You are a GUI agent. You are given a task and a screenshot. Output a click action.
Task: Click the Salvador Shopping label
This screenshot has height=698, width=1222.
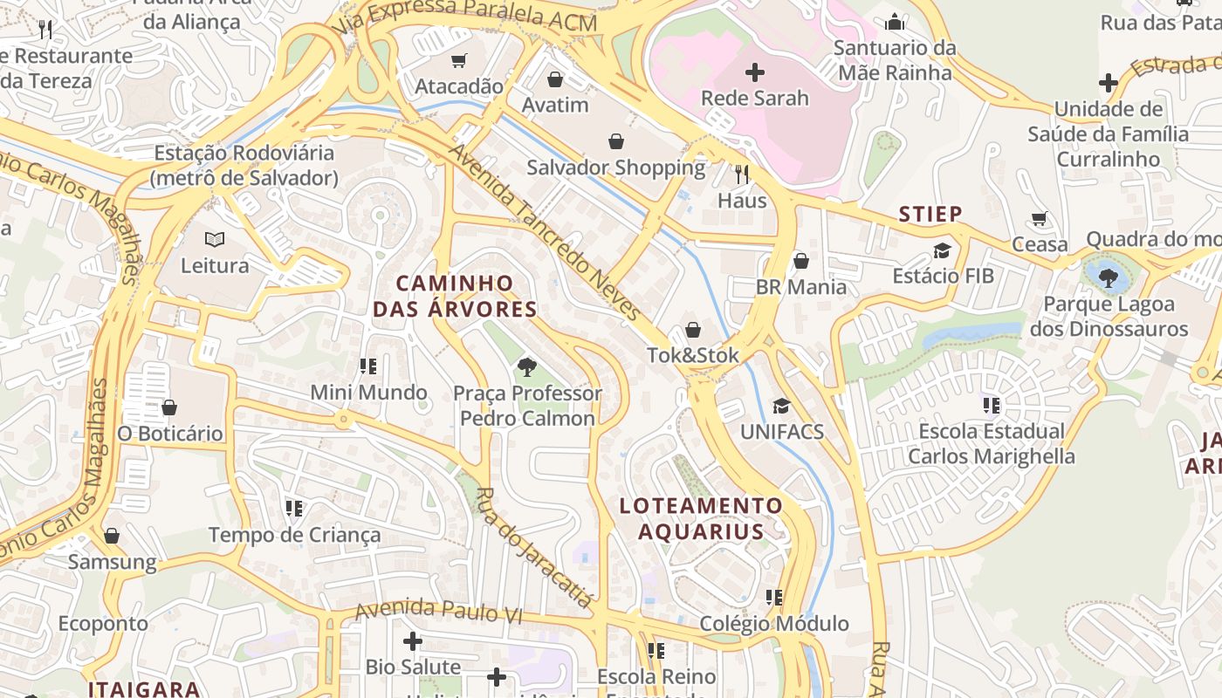click(616, 168)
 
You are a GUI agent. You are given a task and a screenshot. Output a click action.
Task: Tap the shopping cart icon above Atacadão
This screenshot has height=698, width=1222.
click(459, 60)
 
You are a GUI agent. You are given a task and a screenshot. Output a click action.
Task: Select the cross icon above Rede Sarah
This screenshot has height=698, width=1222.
click(755, 72)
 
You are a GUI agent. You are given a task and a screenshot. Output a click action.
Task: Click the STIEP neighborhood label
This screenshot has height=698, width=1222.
click(930, 214)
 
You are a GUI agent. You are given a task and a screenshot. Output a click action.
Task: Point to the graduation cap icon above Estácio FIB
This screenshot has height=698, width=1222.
click(942, 251)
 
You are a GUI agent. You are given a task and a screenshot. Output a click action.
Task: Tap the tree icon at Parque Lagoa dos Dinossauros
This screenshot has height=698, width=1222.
click(1109, 278)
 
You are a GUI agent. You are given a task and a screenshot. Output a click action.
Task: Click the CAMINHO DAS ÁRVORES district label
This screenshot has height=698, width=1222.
click(455, 296)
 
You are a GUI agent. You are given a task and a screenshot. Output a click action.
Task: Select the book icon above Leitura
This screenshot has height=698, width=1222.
click(215, 239)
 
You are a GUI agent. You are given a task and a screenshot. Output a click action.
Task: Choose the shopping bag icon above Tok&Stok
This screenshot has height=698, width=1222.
click(693, 330)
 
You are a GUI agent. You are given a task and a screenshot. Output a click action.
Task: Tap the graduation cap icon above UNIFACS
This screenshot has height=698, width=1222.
click(781, 406)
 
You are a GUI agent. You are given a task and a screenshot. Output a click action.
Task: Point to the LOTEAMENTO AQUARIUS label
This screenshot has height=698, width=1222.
click(702, 518)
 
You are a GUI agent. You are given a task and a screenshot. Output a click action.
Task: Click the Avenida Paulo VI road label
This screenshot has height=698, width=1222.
click(438, 611)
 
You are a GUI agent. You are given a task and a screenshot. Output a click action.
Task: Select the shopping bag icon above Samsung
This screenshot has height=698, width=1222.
click(112, 536)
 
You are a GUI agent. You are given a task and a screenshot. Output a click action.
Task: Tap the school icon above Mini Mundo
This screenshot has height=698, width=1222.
click(368, 366)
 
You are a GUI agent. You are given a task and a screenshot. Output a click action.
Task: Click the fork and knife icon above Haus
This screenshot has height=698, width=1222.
click(742, 174)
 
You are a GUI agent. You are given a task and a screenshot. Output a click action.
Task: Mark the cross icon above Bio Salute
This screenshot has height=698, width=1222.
click(413, 642)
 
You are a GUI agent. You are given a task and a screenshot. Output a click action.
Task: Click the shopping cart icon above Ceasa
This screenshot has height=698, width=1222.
click(1039, 218)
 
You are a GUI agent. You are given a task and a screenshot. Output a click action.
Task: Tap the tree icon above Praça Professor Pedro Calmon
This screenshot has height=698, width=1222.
click(526, 367)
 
